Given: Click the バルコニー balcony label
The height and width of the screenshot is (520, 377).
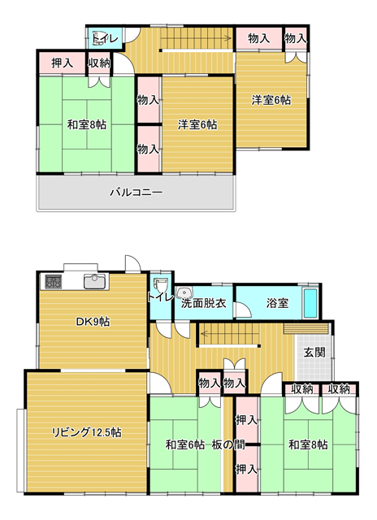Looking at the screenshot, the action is pyautogui.click(x=136, y=193).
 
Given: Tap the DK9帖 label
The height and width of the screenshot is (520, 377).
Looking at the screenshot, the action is pyautogui.click(x=93, y=322).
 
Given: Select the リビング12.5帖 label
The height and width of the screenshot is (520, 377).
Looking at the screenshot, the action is pyautogui.click(x=86, y=432).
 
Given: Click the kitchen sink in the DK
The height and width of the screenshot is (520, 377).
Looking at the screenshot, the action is pyautogui.click(x=95, y=282).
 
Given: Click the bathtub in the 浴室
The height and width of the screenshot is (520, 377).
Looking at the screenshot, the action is pyautogui.click(x=310, y=303).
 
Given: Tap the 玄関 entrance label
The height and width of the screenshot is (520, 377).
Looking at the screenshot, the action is pyautogui.click(x=314, y=352).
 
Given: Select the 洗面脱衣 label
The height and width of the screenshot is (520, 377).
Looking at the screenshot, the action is pyautogui.click(x=204, y=303).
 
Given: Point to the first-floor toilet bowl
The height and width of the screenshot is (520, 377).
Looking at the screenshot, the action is pyautogui.click(x=161, y=285).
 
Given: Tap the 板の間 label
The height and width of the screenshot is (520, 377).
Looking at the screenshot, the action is pyautogui.click(x=228, y=444).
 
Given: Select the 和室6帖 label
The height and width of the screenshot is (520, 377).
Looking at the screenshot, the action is pyautogui.click(x=185, y=444).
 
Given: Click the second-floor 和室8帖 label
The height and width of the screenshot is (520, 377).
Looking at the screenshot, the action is pyautogui.click(x=87, y=125).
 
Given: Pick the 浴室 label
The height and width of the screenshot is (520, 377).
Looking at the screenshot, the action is pyautogui.click(x=277, y=303).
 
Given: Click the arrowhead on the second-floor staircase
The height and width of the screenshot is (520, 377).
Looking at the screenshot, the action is pyautogui.click(x=228, y=39).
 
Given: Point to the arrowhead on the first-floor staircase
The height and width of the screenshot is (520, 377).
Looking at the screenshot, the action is pyautogui.click(x=204, y=332).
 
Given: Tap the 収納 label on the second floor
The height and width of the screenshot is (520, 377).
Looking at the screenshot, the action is pyautogui.click(x=99, y=63).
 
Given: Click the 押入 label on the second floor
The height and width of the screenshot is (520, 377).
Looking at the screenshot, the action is pyautogui.click(x=62, y=63).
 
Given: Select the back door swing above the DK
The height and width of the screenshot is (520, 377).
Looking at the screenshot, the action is pyautogui.click(x=133, y=263).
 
